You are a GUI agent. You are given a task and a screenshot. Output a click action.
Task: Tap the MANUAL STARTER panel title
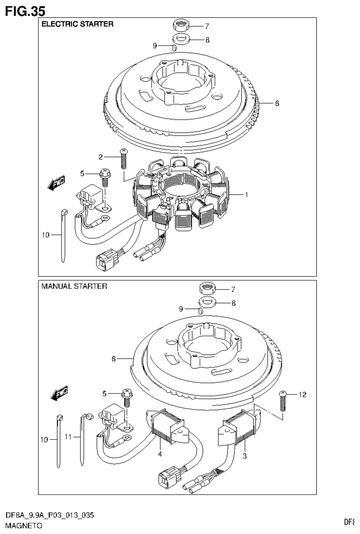point(75,286)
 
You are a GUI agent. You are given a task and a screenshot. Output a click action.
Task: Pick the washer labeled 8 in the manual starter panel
point(207,302)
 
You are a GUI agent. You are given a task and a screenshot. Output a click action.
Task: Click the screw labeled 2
point(124,158)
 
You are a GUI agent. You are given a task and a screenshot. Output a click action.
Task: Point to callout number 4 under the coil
point(160,454)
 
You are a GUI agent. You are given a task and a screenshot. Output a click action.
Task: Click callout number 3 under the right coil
point(244,456)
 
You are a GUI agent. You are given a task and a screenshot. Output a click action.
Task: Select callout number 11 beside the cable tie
point(69,437)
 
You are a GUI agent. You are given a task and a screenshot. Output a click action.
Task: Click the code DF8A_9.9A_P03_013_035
point(49,516)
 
